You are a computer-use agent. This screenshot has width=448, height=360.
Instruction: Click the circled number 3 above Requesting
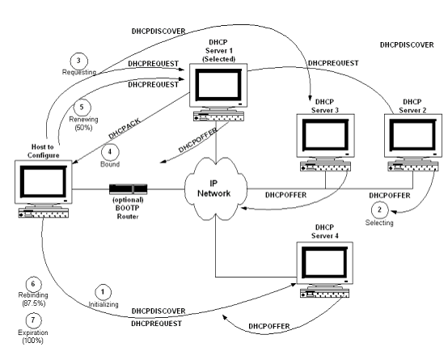click(x=79, y=61)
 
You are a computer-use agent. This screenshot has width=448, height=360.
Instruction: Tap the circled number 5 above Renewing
click(x=82, y=108)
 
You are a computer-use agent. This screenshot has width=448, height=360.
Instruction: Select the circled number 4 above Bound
click(x=110, y=151)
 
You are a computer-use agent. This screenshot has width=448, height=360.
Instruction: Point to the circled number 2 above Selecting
click(x=380, y=210)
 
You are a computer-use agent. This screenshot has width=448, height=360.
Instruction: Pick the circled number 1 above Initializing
click(x=103, y=292)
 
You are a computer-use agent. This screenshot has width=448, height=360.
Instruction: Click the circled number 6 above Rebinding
click(x=33, y=284)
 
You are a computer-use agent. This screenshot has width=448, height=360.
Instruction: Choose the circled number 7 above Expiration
click(x=33, y=320)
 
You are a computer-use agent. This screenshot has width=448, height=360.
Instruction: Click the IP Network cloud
click(x=215, y=188)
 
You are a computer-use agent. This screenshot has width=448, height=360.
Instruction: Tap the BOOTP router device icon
click(x=128, y=188)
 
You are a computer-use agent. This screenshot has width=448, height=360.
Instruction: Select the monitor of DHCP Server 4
click(x=324, y=263)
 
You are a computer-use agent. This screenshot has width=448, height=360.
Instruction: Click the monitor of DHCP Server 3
click(x=325, y=136)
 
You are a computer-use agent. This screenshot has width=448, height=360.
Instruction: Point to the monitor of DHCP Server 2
click(x=413, y=136)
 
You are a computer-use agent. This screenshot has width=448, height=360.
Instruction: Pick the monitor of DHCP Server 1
click(x=218, y=85)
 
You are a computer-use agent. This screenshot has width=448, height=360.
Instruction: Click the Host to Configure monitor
click(x=44, y=182)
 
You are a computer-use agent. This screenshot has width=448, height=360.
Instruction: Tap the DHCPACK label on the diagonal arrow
click(x=125, y=129)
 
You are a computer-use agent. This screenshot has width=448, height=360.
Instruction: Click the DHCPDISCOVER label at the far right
click(x=407, y=44)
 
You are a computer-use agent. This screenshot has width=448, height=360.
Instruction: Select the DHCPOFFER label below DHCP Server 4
click(x=269, y=326)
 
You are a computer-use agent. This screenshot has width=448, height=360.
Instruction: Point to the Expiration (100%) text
click(x=33, y=337)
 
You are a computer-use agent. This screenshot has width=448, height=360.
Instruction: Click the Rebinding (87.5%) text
click(x=33, y=299)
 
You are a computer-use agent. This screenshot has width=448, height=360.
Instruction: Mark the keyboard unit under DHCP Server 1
click(x=219, y=116)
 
